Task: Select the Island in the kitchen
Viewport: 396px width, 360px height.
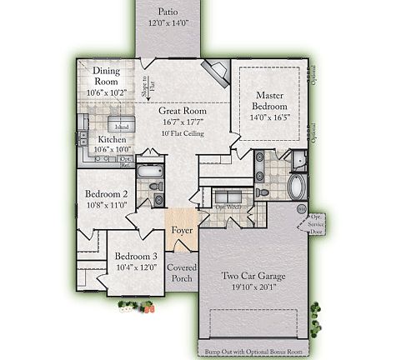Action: point(110,127)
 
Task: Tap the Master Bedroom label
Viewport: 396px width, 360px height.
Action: point(271,101)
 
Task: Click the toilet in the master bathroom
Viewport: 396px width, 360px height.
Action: point(263,192)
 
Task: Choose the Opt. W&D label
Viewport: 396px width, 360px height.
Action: point(228,206)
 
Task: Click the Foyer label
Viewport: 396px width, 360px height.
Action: point(183,230)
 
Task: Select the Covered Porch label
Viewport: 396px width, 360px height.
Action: point(183,273)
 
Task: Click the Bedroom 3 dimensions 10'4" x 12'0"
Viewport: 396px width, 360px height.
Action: point(136,267)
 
